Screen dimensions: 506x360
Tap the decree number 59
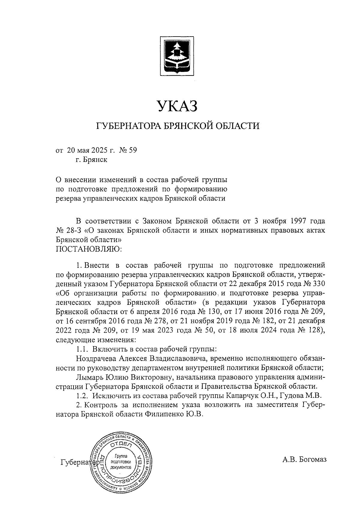tap(132, 150)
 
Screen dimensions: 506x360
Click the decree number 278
tap(159, 321)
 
